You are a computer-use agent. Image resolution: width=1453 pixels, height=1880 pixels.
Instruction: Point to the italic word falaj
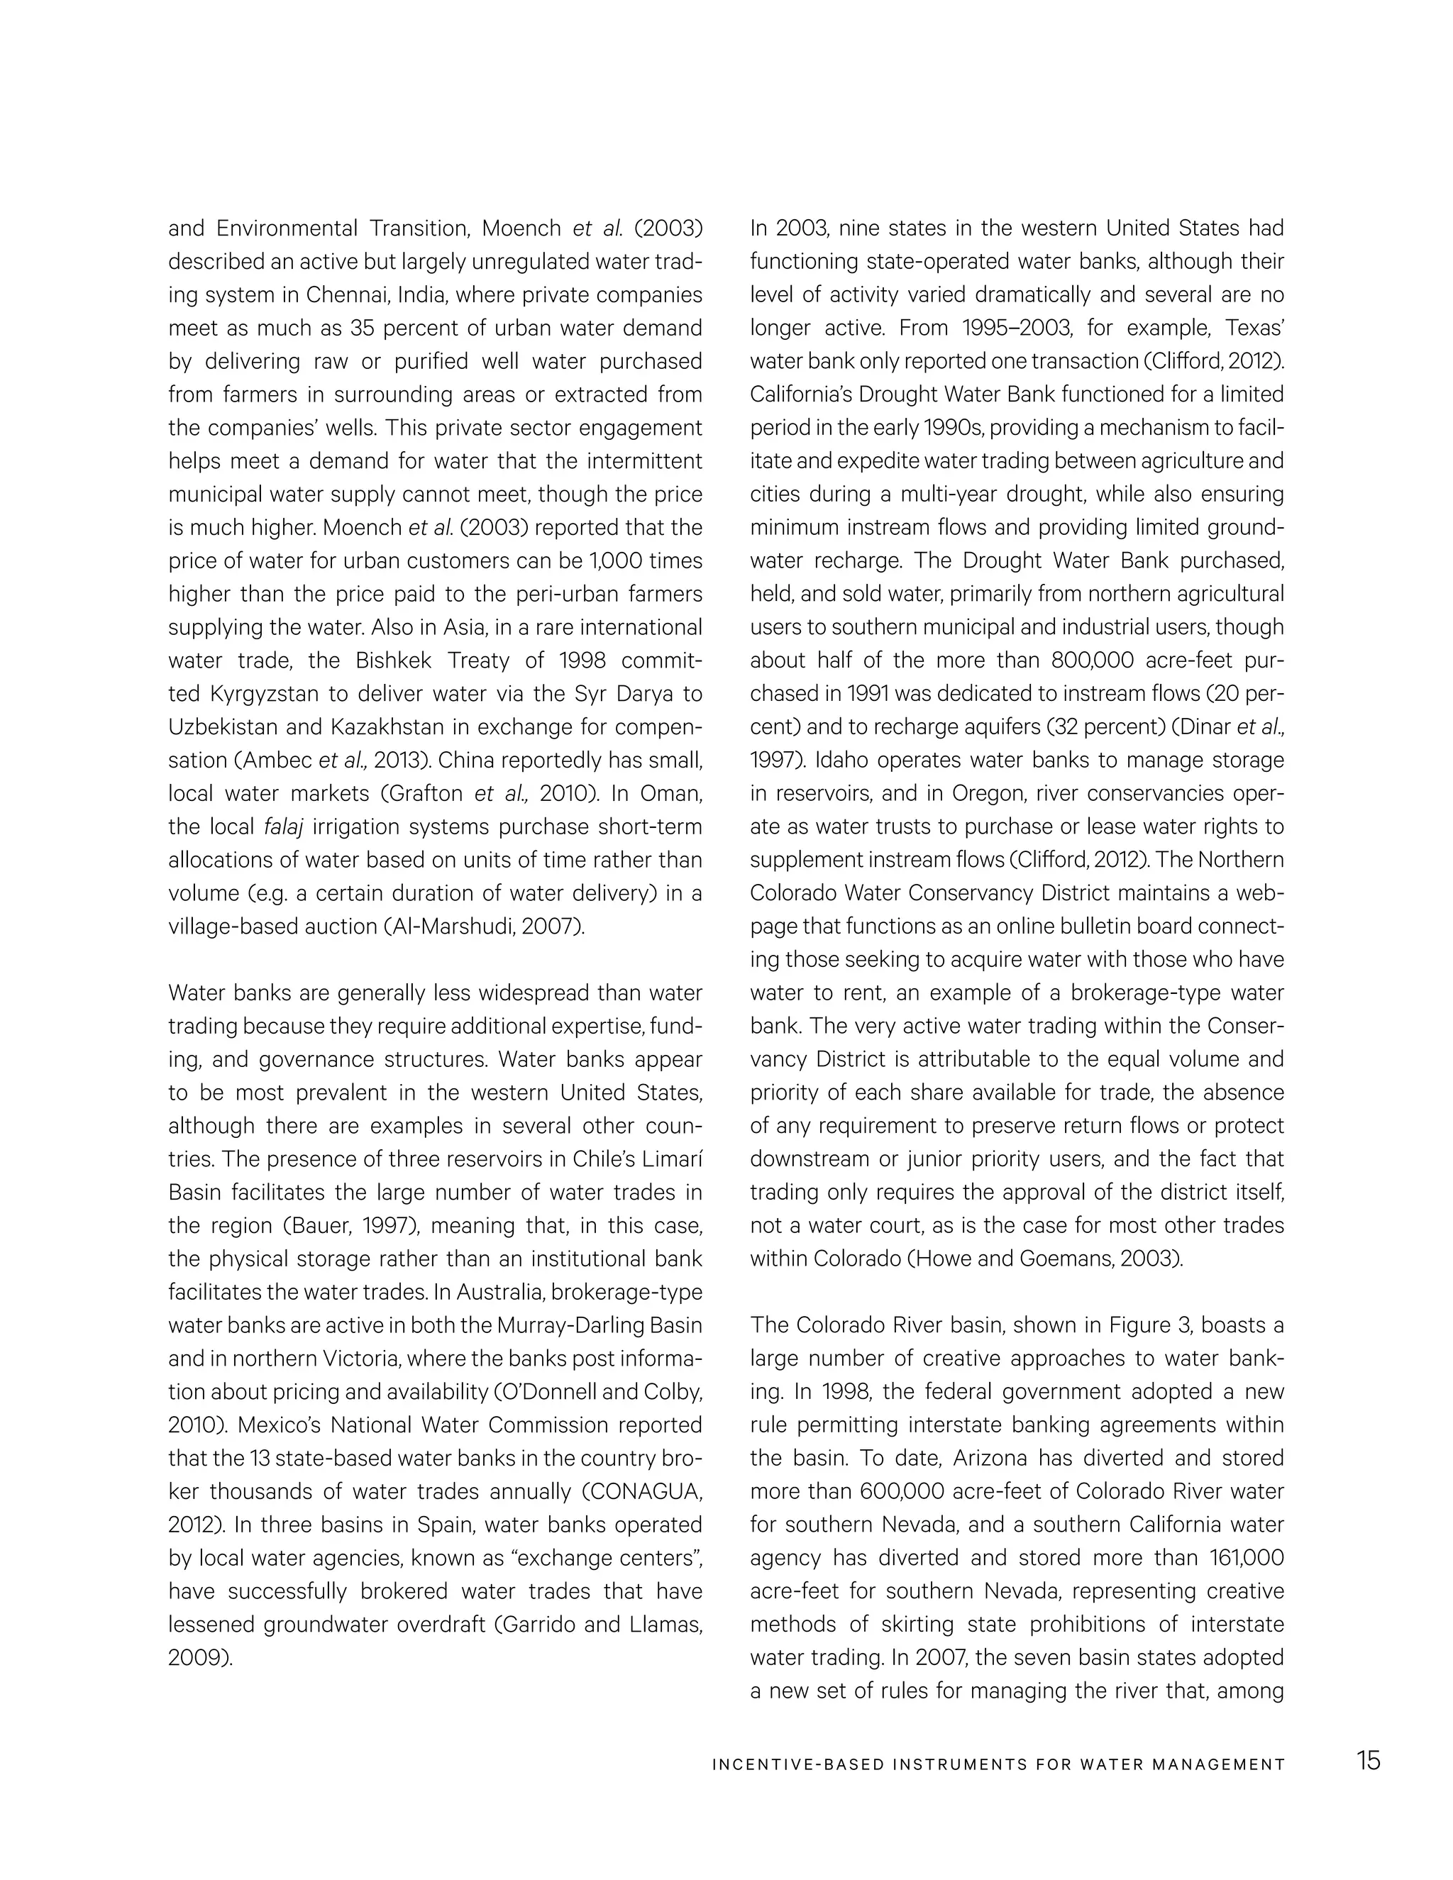point(283,827)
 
